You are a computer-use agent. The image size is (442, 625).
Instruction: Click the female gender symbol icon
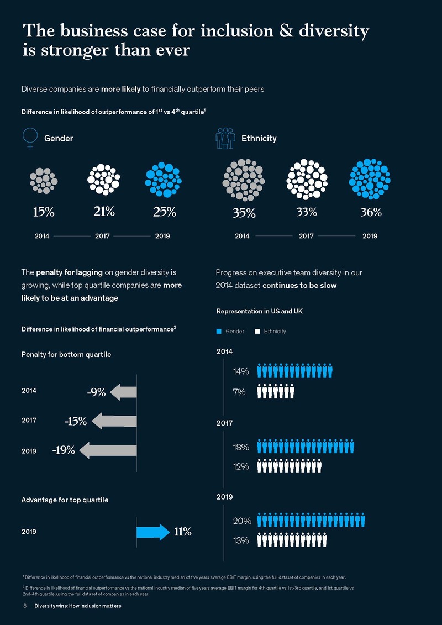(x=30, y=138)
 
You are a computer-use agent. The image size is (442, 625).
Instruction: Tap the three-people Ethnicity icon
(x=225, y=138)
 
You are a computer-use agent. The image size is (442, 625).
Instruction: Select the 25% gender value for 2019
(x=165, y=211)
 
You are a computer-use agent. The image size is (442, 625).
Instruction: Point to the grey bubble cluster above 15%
(x=43, y=180)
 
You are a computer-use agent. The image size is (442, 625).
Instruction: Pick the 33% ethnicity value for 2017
(x=306, y=211)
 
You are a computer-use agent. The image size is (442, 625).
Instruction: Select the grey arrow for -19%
(x=108, y=450)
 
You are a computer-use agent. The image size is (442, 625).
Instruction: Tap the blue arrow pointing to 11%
(x=152, y=532)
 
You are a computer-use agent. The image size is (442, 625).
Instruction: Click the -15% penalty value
(x=75, y=421)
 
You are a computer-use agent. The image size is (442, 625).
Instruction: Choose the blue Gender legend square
(x=219, y=331)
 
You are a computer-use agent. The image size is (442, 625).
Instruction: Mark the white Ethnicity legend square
(x=257, y=331)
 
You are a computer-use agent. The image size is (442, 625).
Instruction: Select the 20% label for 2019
(x=242, y=521)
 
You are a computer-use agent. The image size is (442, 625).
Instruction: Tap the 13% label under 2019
(x=241, y=540)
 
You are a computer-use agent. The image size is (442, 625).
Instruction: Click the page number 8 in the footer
(x=25, y=606)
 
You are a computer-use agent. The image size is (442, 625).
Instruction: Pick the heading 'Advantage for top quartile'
(x=65, y=500)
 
